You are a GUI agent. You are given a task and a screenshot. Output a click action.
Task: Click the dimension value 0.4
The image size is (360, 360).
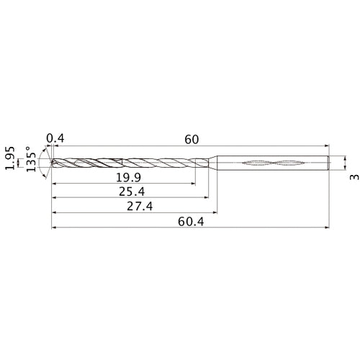coord(54,138)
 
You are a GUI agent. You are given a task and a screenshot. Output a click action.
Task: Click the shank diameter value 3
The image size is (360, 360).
coord(351,176)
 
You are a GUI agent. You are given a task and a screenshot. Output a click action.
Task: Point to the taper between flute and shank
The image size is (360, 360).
coord(213,163)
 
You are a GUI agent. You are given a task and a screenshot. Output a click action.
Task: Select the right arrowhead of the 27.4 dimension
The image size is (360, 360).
coord(216,213)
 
